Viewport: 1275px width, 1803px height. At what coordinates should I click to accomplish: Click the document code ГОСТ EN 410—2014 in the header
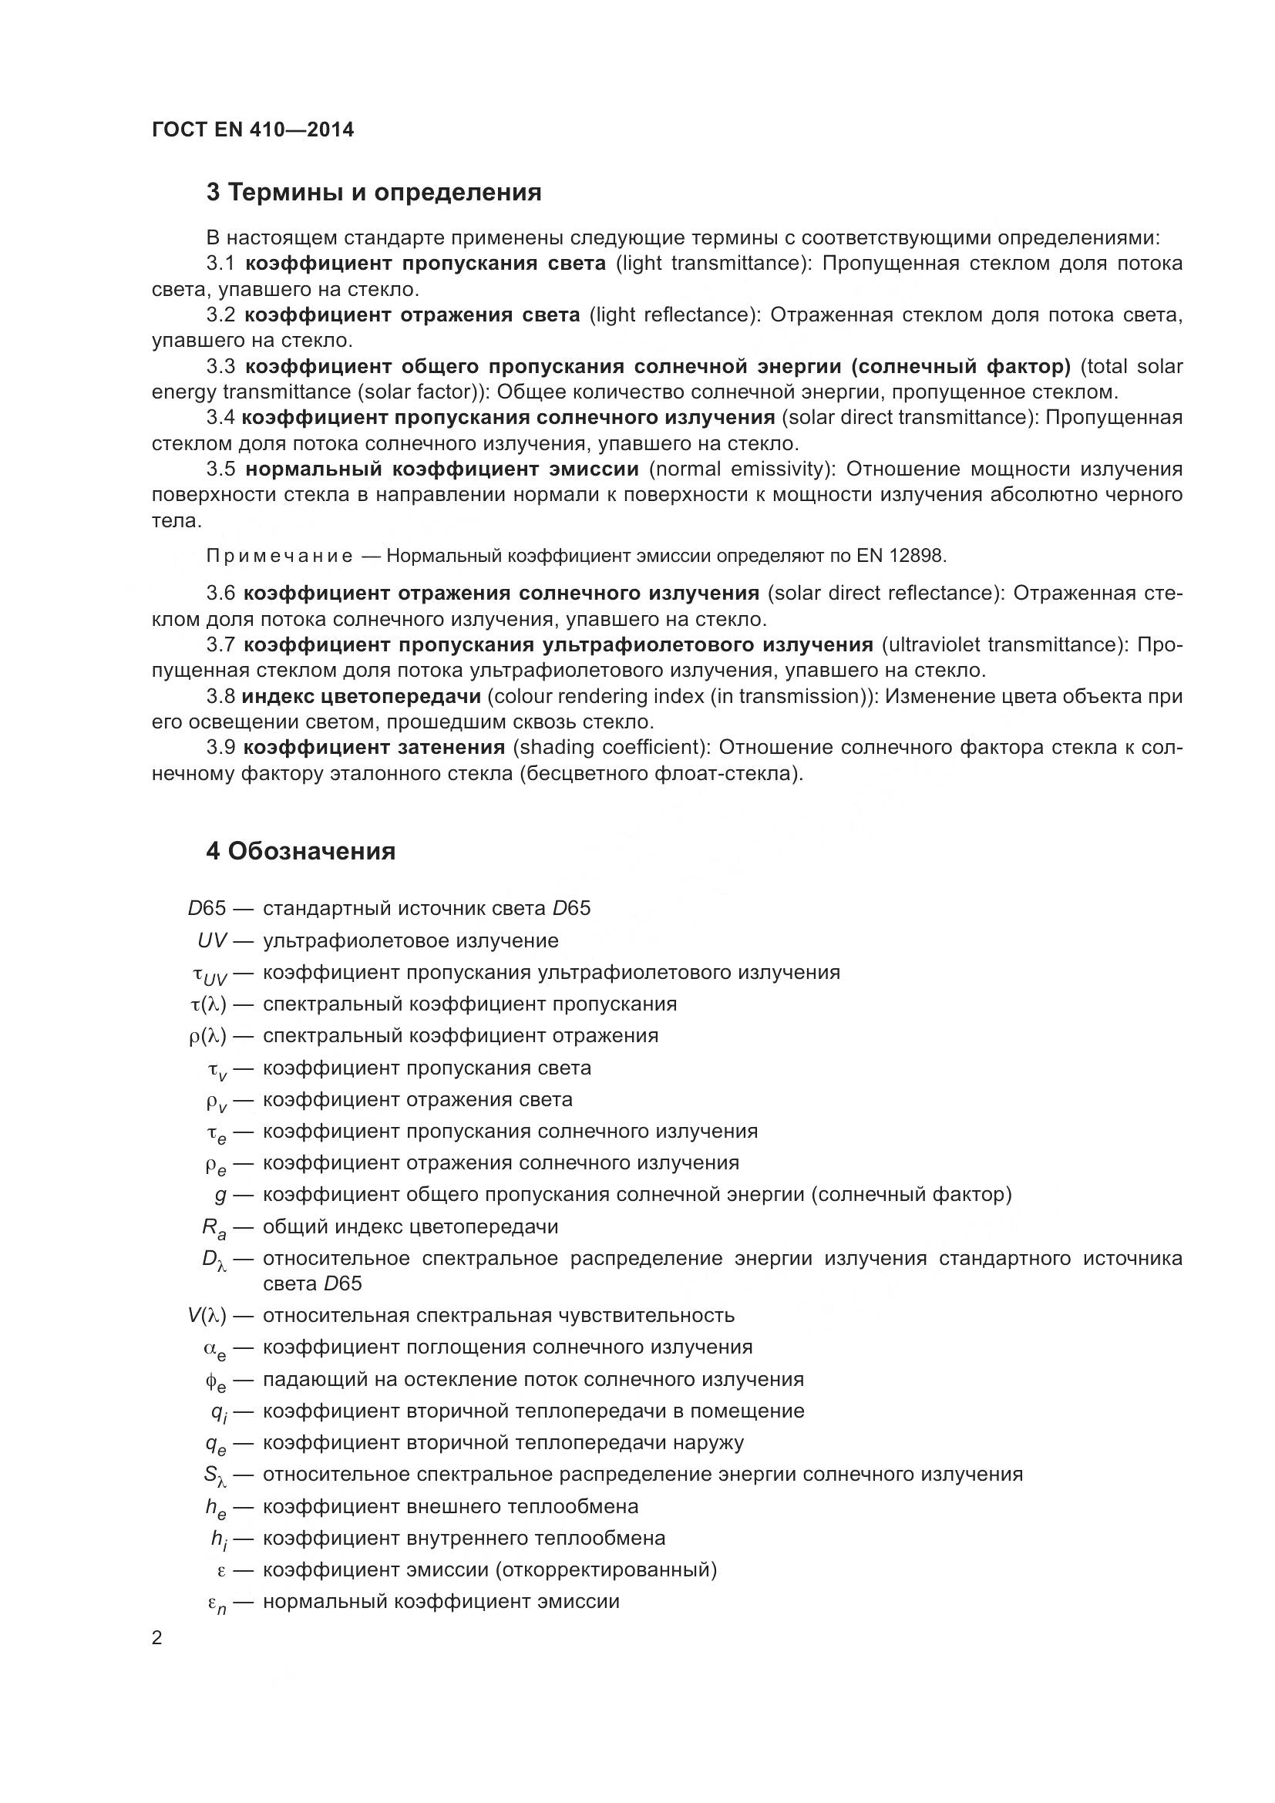tap(252, 130)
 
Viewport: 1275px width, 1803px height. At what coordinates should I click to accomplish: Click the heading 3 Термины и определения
tap(374, 193)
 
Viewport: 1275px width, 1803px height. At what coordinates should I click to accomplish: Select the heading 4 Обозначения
tap(301, 851)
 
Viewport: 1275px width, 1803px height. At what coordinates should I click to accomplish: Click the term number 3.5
tap(220, 469)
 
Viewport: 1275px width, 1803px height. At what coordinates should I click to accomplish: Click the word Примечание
tap(279, 556)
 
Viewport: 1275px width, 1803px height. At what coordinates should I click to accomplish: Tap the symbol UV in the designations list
tap(212, 940)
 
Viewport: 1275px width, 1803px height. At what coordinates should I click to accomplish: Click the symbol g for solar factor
tap(220, 1194)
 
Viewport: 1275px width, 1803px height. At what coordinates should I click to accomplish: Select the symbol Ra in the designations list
tap(214, 1228)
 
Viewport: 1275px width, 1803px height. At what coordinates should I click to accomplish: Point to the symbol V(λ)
tap(207, 1315)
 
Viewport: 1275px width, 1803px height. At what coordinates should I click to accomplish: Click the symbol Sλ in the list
tap(215, 1475)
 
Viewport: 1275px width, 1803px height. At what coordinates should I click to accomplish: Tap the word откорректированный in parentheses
tap(606, 1569)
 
